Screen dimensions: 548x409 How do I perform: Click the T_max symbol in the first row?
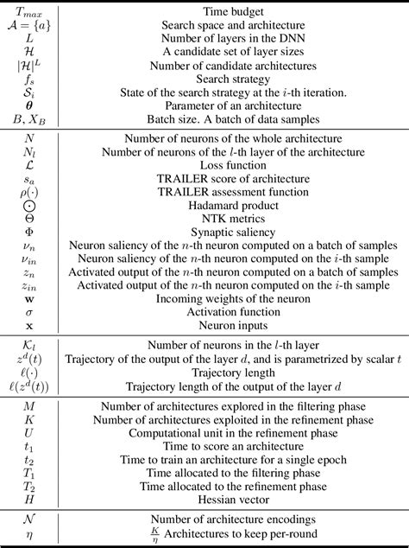(x=31, y=12)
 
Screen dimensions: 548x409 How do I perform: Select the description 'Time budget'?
(x=236, y=12)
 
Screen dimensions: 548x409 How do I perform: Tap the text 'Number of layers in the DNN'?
(x=236, y=40)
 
